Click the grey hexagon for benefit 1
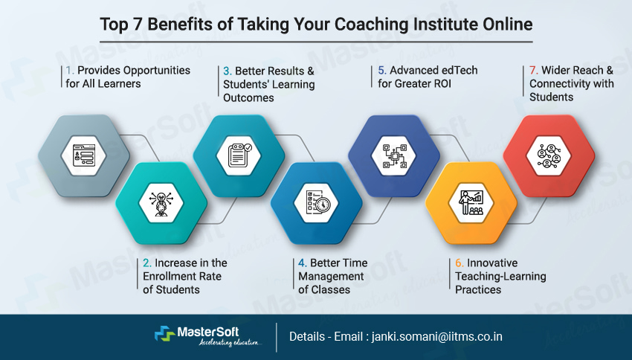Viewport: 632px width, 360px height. tap(83, 155)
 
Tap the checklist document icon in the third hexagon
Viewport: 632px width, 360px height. tap(239, 155)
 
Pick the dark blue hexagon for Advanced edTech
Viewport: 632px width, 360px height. tap(393, 155)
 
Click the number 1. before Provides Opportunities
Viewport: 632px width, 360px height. tap(67, 71)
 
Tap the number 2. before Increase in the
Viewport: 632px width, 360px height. tap(147, 263)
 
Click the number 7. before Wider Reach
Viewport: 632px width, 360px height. tap(534, 71)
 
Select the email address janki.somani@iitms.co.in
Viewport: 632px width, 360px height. tap(439, 336)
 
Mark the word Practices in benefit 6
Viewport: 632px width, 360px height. tap(478, 289)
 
